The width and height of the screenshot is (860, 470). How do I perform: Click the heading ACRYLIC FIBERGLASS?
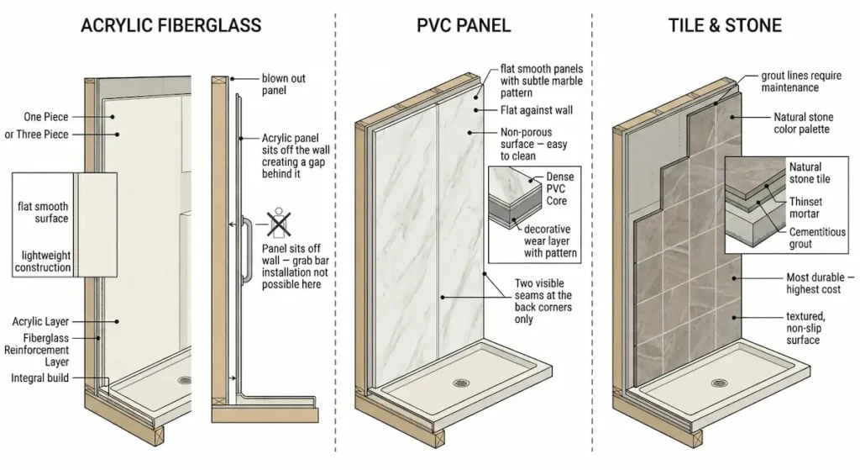170,25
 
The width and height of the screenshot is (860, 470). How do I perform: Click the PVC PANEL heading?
463,25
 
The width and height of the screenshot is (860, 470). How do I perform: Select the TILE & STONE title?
725,25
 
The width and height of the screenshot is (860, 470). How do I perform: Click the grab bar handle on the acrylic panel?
246,252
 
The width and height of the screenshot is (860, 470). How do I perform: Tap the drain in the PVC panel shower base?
460,383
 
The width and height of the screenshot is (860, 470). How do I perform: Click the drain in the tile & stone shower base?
719,383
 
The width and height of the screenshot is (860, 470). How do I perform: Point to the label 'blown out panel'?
283,84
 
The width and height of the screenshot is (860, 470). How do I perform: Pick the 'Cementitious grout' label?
816,238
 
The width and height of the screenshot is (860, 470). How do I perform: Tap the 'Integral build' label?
39,378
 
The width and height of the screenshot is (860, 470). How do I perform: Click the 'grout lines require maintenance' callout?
800,82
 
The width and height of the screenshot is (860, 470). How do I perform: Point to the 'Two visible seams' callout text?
543,301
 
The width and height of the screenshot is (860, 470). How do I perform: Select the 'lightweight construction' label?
44,261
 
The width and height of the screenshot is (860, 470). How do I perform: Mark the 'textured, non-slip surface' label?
804,328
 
